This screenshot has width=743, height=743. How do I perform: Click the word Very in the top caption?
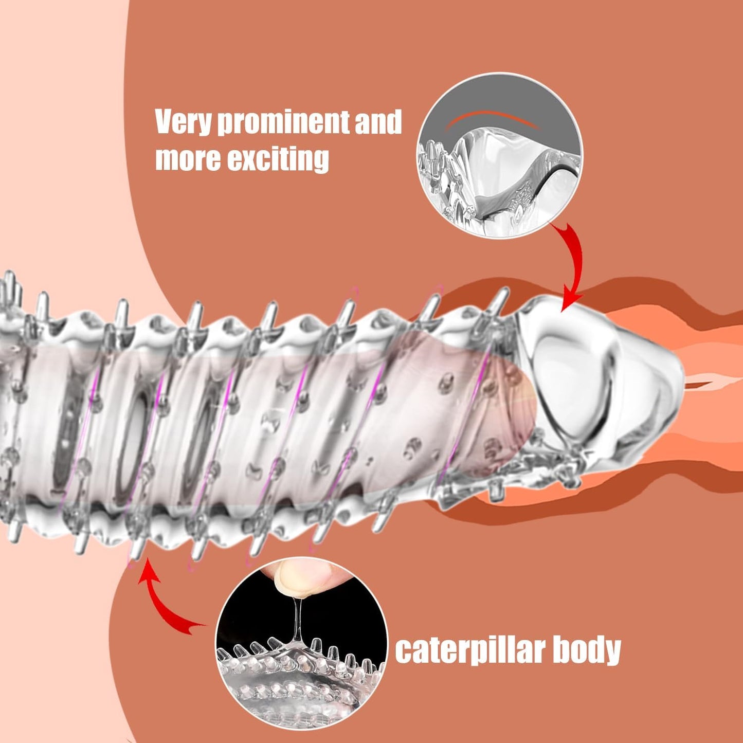coord(183,122)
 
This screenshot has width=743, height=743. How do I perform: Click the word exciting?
coord(278,159)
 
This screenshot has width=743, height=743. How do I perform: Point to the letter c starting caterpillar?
coord(403,652)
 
